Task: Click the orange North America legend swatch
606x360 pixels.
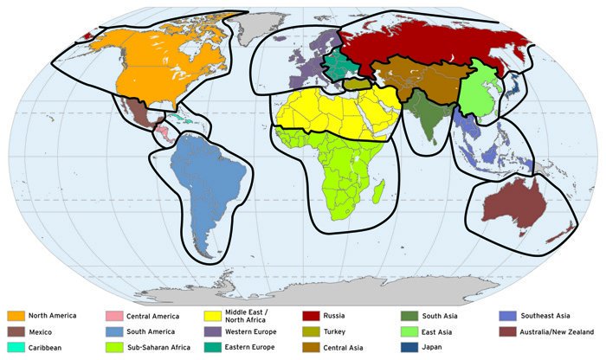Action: [16, 316]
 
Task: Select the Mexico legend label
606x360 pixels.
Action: [42, 331]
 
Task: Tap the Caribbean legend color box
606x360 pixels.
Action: [16, 347]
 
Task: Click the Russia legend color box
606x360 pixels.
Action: [311, 316]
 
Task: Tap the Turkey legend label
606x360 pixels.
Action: [338, 331]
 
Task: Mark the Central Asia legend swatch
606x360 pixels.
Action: [311, 347]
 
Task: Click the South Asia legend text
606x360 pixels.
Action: [440, 316]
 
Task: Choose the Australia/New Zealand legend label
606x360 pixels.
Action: [557, 331]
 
